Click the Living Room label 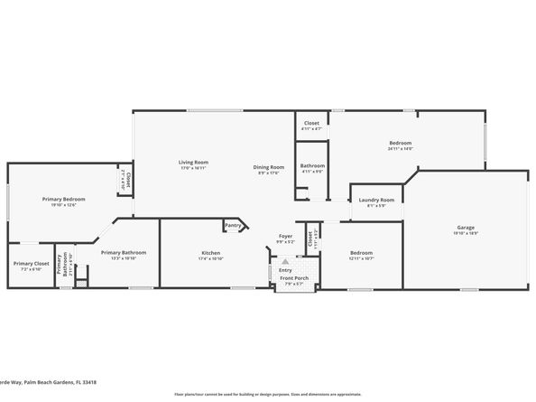193,162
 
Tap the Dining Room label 269,167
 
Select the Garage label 466,228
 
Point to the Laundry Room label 376,200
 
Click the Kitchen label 211,253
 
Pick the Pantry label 233,226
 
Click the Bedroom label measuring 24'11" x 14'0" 401,143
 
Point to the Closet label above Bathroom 311,123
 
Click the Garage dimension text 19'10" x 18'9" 466,233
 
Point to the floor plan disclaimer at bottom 267,395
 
